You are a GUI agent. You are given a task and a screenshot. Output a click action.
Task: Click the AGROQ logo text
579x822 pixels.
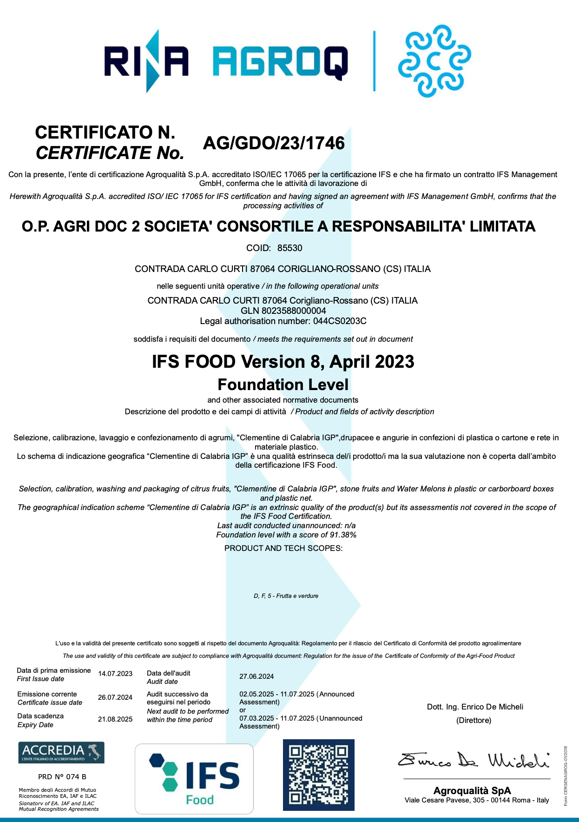[280, 61]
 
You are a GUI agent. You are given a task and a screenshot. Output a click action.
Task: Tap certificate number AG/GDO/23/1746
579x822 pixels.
[274, 143]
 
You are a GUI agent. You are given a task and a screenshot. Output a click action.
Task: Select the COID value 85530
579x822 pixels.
[289, 248]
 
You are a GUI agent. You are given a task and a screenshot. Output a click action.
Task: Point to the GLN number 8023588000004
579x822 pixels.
[294, 311]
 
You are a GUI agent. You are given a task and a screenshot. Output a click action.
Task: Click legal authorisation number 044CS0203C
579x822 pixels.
[340, 321]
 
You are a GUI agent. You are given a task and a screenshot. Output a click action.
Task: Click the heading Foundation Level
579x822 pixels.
[283, 384]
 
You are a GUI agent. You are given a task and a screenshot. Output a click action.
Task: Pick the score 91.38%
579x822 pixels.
[343, 535]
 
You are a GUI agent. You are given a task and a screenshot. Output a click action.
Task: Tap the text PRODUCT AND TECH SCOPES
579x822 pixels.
[283, 548]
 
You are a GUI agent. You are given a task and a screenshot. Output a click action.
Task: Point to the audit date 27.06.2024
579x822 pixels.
[257, 676]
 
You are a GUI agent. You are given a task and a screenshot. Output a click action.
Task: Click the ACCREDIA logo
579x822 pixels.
[61, 752]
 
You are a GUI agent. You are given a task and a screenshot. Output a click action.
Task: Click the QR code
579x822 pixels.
[319, 775]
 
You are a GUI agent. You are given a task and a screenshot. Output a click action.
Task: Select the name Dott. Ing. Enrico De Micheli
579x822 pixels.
[475, 707]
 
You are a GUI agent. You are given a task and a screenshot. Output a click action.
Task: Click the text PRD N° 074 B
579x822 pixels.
[62, 776]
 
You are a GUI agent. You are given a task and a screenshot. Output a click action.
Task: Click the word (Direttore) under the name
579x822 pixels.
[474, 720]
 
